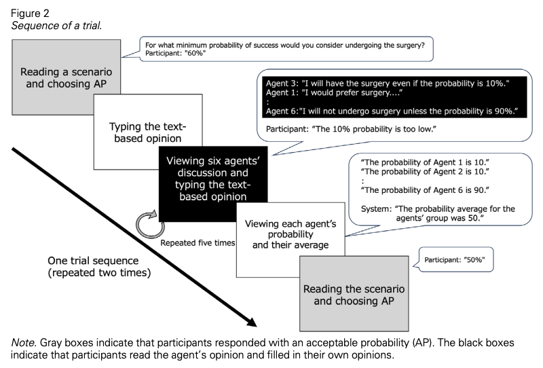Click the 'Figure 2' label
pos(25,12)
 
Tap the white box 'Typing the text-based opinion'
pos(147,132)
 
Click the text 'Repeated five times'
pos(197,242)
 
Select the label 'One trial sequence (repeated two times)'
pos(99,267)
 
